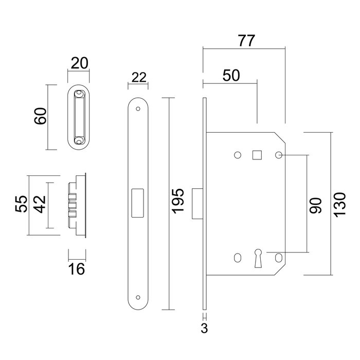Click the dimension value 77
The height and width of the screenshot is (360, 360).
[245, 42]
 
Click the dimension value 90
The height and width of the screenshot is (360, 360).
[315, 204]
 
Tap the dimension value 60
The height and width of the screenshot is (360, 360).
[41, 117]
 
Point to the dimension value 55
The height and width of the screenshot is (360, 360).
[21, 205]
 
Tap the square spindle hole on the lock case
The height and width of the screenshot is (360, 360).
[257, 155]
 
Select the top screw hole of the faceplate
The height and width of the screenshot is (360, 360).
[138, 109]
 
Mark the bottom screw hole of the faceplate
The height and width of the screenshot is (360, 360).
[138, 296]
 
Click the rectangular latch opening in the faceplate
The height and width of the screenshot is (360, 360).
[138, 202]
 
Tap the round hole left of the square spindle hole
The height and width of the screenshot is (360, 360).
[237, 155]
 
